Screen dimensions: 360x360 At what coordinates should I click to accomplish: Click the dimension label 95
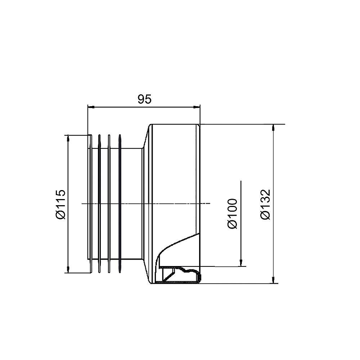[145, 99]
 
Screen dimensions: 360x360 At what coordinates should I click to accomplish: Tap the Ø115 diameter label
[61, 204]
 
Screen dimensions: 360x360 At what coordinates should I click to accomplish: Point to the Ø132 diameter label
[266, 204]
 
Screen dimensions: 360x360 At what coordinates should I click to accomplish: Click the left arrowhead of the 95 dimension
[91, 107]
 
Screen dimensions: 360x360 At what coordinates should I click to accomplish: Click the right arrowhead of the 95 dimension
[197, 107]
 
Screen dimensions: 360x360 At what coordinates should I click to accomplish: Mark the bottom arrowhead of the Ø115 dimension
[68, 270]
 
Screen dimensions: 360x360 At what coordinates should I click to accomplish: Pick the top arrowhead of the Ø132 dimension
[273, 128]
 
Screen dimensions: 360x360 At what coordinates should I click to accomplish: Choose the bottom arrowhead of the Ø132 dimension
[273, 280]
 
